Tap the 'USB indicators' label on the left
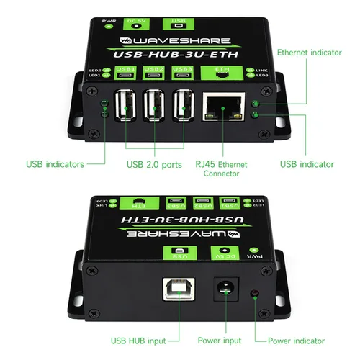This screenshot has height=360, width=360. click(55, 164)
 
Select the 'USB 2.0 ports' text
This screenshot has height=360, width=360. click(154, 164)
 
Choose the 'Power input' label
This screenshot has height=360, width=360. click(221, 341)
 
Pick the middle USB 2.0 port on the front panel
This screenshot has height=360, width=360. click(155, 105)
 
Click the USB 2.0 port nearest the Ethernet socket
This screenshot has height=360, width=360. click(184, 105)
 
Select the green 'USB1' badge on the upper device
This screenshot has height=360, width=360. click(184, 71)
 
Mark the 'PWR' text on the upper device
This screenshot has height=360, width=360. click(109, 22)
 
